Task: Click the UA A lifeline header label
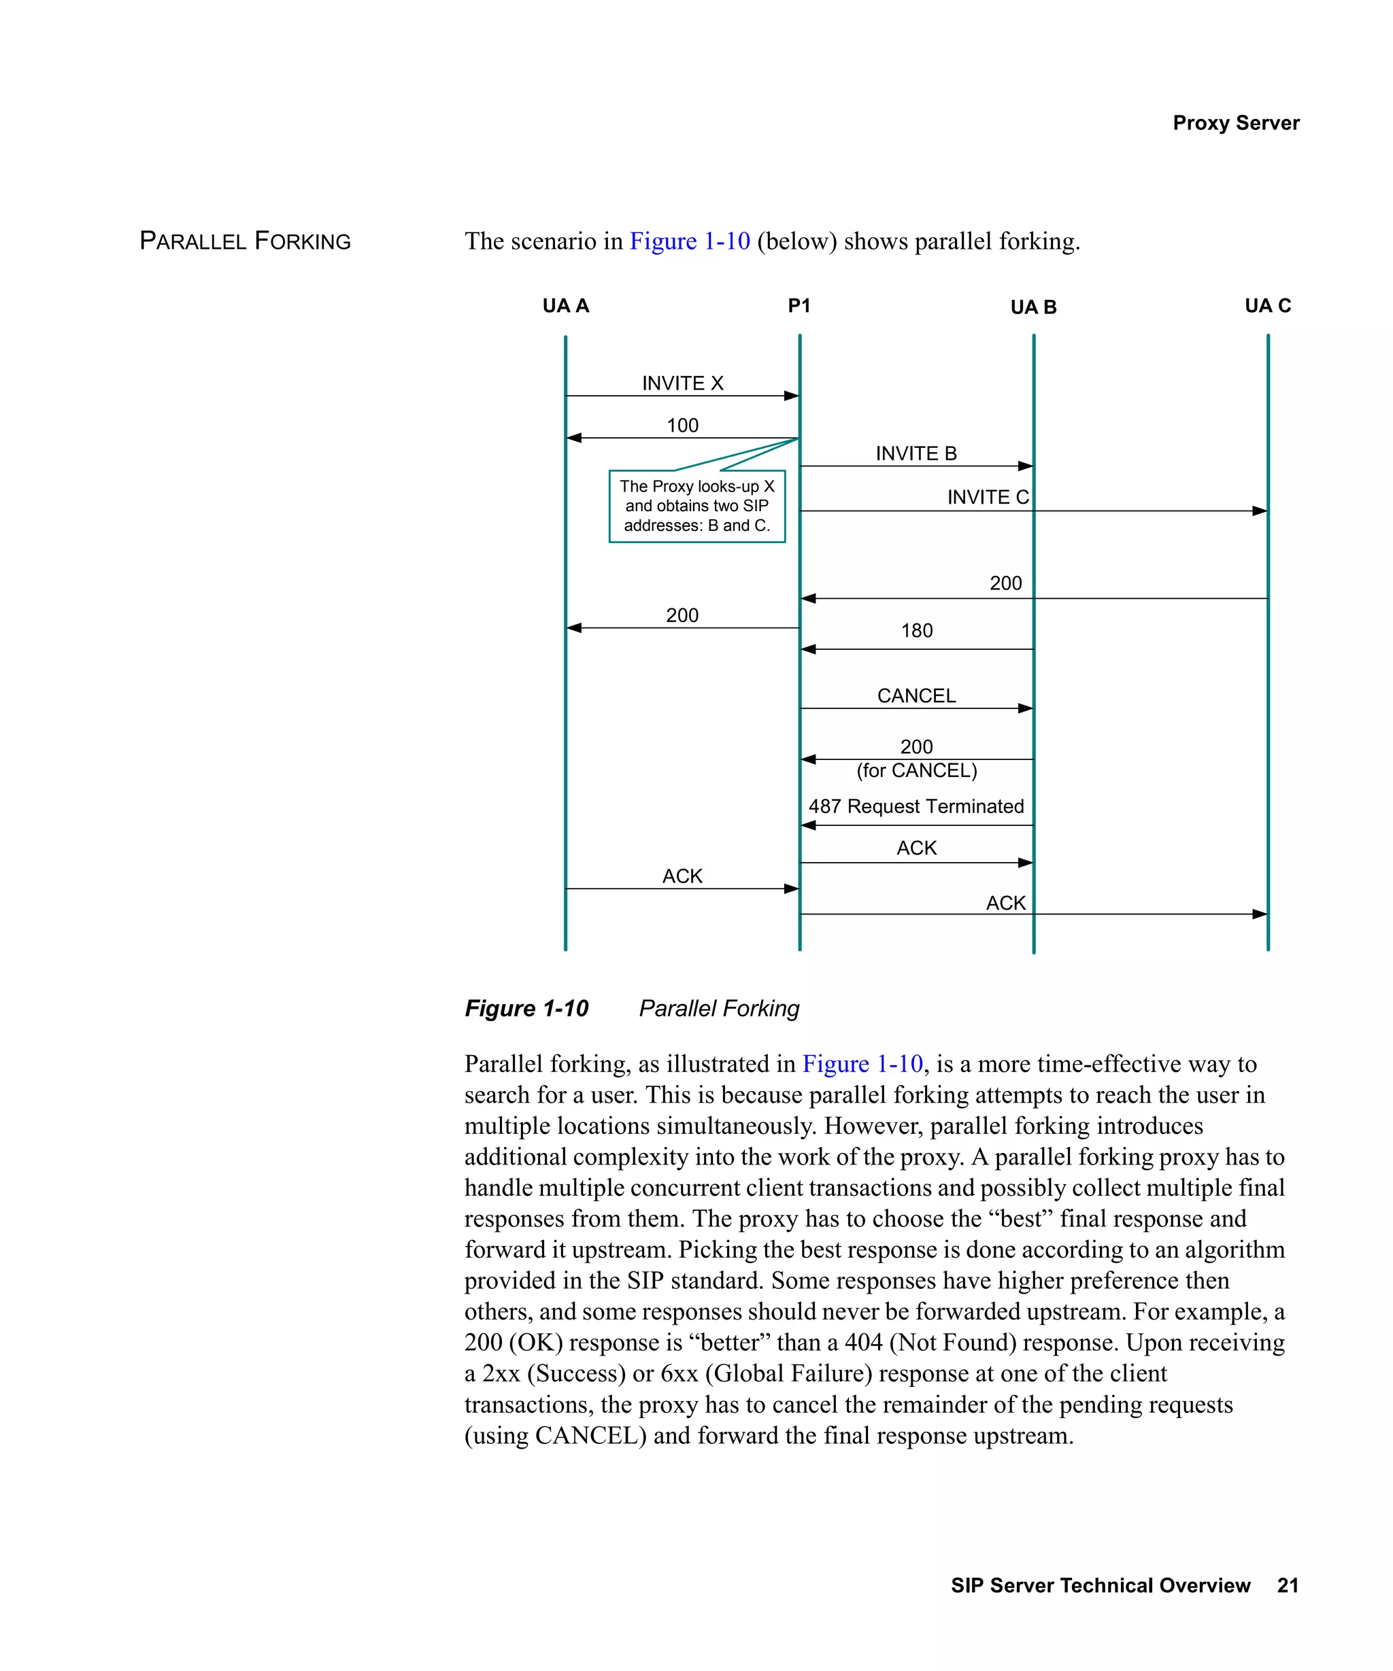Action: point(565,305)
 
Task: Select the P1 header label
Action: point(799,305)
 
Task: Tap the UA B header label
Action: point(1033,307)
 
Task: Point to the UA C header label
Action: point(1267,305)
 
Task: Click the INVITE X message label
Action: point(682,383)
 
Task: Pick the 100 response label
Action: point(682,425)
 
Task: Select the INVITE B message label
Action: point(916,453)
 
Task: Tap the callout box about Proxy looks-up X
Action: point(696,506)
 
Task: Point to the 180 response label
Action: point(916,630)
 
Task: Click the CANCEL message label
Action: point(916,695)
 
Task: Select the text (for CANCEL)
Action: point(916,770)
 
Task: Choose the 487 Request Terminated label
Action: point(916,806)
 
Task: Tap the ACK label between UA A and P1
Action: point(682,876)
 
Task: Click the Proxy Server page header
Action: point(1235,122)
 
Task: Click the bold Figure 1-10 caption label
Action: point(526,1008)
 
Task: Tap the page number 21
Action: point(1287,1585)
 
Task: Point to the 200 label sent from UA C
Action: point(1005,583)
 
